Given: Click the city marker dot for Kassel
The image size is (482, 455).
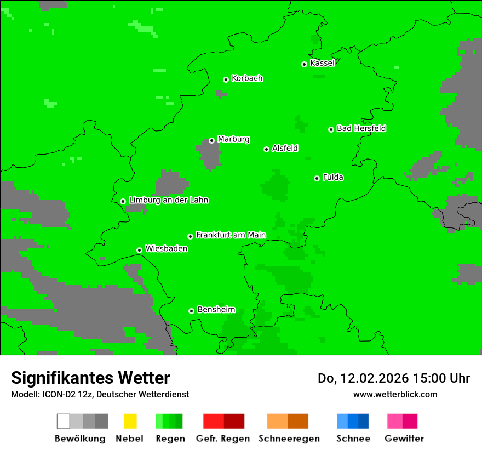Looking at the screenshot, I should click(304, 64).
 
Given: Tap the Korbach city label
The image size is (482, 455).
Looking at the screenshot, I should click(247, 78).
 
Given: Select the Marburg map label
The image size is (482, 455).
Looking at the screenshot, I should click(233, 139).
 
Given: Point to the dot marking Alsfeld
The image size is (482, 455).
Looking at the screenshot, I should click(266, 149).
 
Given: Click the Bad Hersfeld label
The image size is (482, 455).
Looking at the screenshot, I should click(361, 128).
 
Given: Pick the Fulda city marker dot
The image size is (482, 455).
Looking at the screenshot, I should click(317, 178).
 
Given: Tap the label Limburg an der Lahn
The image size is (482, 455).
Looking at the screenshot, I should click(168, 200).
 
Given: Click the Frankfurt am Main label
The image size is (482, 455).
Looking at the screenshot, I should click(231, 235).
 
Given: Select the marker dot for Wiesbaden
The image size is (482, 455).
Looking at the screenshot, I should click(139, 250).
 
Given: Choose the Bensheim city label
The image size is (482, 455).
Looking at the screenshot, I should click(216, 310).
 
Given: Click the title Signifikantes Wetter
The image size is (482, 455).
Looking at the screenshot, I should click(90, 378).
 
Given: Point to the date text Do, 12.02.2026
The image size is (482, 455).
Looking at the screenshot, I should click(361, 378).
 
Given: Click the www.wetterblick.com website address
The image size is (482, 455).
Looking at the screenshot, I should click(395, 394).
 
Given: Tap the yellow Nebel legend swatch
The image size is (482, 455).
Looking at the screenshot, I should click(130, 421).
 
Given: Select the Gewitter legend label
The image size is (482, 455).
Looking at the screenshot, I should click(404, 439).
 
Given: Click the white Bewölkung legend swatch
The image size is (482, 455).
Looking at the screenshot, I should click(64, 421).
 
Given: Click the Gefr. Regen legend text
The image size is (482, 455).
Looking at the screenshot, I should click(223, 439).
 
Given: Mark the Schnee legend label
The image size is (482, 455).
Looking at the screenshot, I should click(353, 439).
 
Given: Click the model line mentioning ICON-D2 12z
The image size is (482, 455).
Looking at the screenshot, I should click(100, 394).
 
